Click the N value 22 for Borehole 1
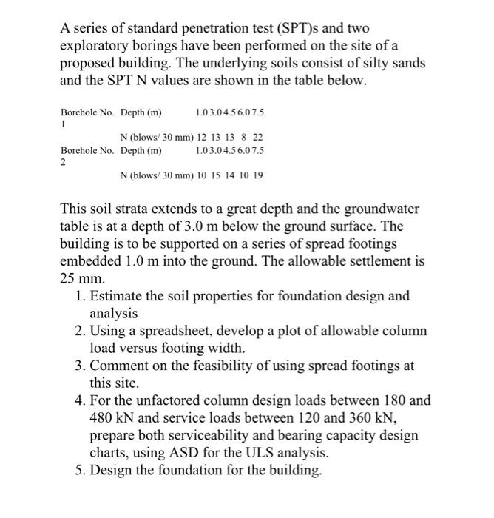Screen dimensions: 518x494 257,138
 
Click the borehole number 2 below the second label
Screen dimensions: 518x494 63,163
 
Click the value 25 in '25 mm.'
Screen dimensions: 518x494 67,279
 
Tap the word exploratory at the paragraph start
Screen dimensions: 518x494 95,45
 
